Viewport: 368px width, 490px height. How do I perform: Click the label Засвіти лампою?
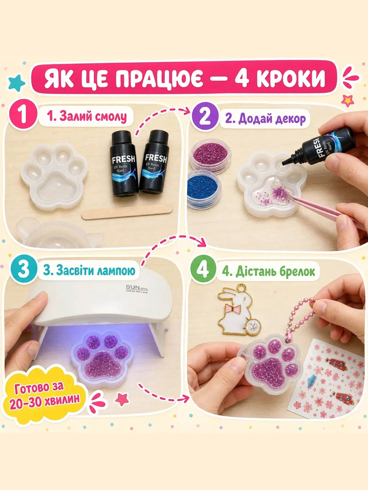pyautogui.click(x=89, y=271)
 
